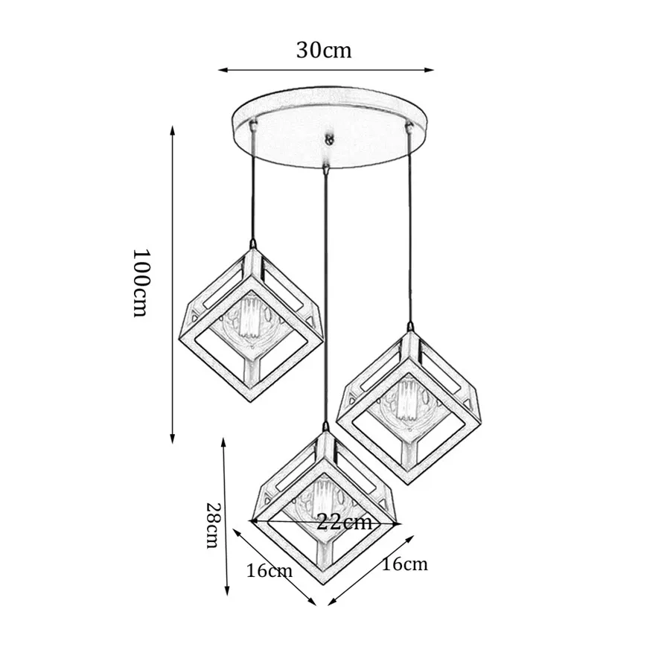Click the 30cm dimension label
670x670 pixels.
tap(324, 50)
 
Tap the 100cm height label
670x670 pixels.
tap(141, 282)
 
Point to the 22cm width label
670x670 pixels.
tap(343, 522)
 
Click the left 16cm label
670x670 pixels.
tap(269, 571)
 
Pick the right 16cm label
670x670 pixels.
tap(404, 564)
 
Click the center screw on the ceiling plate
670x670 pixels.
tap(327, 139)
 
